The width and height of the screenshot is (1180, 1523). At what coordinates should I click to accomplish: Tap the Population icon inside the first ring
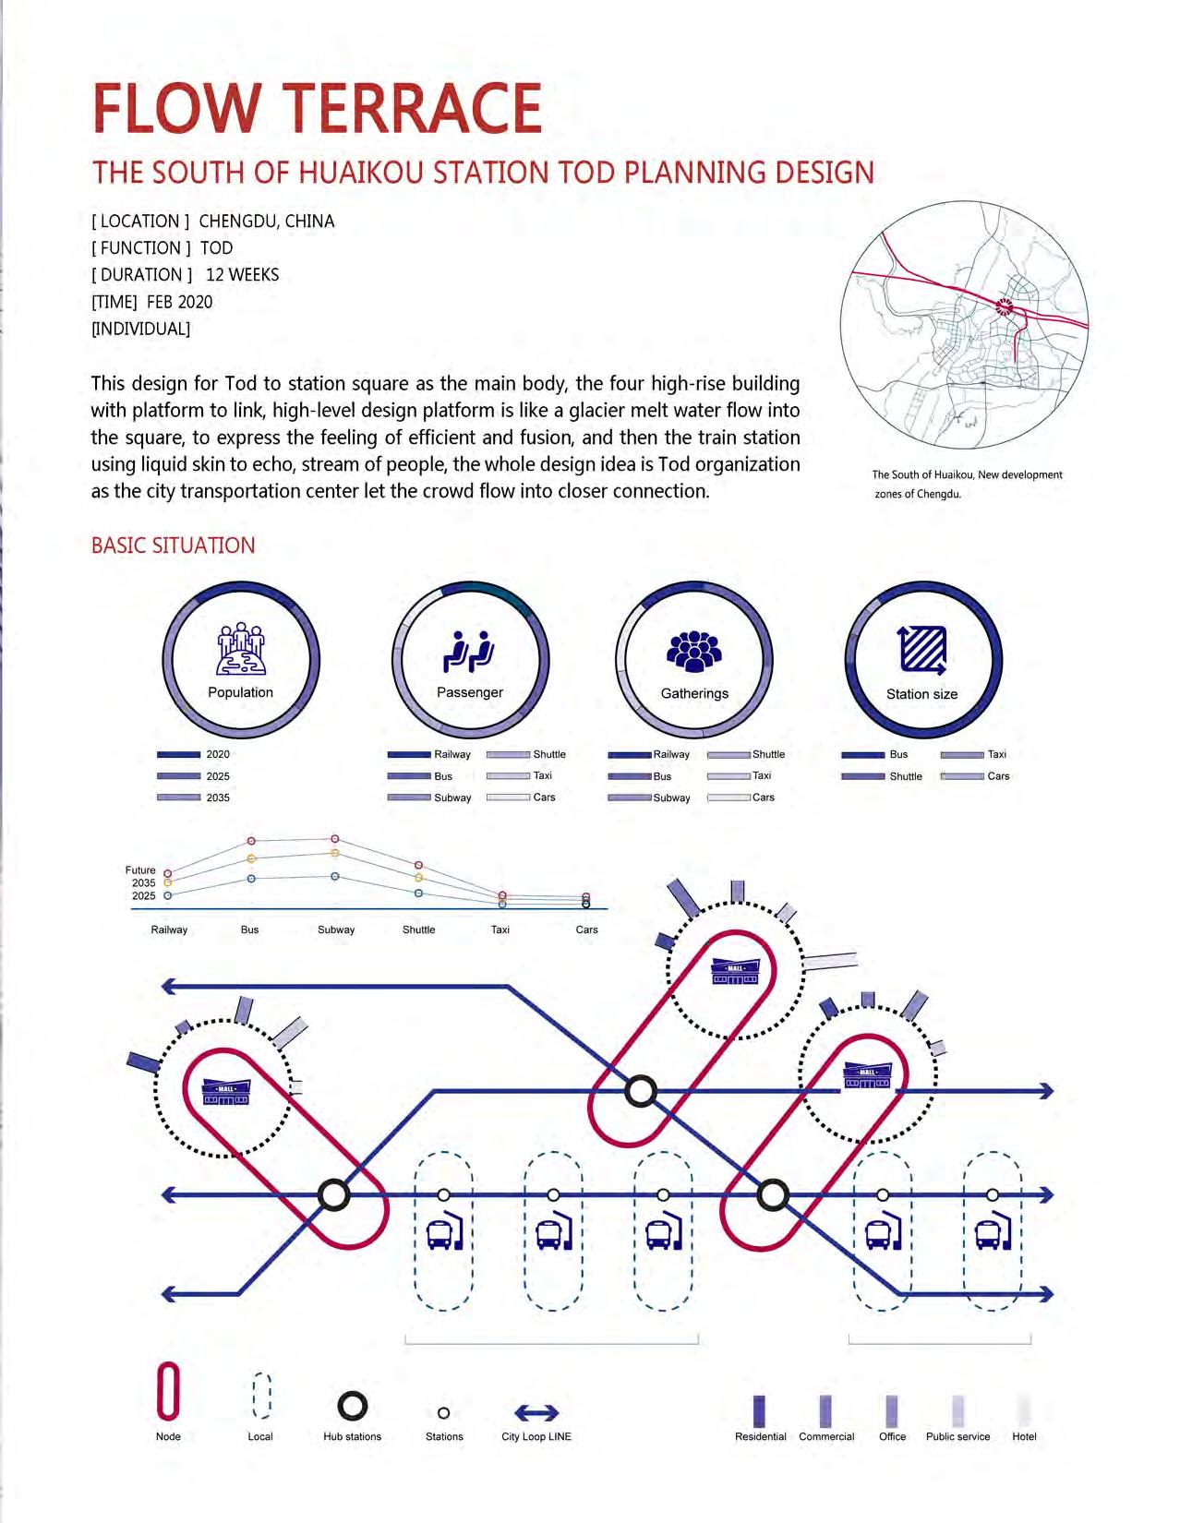240,649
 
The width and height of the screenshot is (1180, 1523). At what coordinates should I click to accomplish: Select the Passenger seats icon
469,651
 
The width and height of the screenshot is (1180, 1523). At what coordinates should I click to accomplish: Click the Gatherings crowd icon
694,652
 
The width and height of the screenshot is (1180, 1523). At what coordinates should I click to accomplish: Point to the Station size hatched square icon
922,650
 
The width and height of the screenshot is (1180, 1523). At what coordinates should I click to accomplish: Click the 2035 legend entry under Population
218,797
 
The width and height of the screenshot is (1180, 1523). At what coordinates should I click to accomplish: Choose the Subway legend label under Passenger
452,797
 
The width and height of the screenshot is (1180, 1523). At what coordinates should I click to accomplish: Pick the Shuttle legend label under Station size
906,776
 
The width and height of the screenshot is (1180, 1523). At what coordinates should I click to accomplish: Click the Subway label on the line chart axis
336,929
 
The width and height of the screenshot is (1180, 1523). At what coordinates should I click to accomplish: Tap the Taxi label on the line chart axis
500,929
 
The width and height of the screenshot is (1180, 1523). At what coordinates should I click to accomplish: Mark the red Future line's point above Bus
251,841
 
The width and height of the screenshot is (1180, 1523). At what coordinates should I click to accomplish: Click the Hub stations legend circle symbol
352,1406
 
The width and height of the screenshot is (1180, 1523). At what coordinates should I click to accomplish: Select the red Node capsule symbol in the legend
168,1390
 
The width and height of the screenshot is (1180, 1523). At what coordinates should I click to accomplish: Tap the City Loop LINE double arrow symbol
536,1412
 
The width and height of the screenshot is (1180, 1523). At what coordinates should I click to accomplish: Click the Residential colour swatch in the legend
759,1410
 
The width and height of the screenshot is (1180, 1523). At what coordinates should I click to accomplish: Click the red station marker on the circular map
1005,306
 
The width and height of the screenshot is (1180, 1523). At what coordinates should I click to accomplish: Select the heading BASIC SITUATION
174,546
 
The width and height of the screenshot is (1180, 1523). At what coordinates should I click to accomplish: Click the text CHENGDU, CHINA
267,222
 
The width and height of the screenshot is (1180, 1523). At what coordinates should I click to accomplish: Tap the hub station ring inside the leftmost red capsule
334,1194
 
